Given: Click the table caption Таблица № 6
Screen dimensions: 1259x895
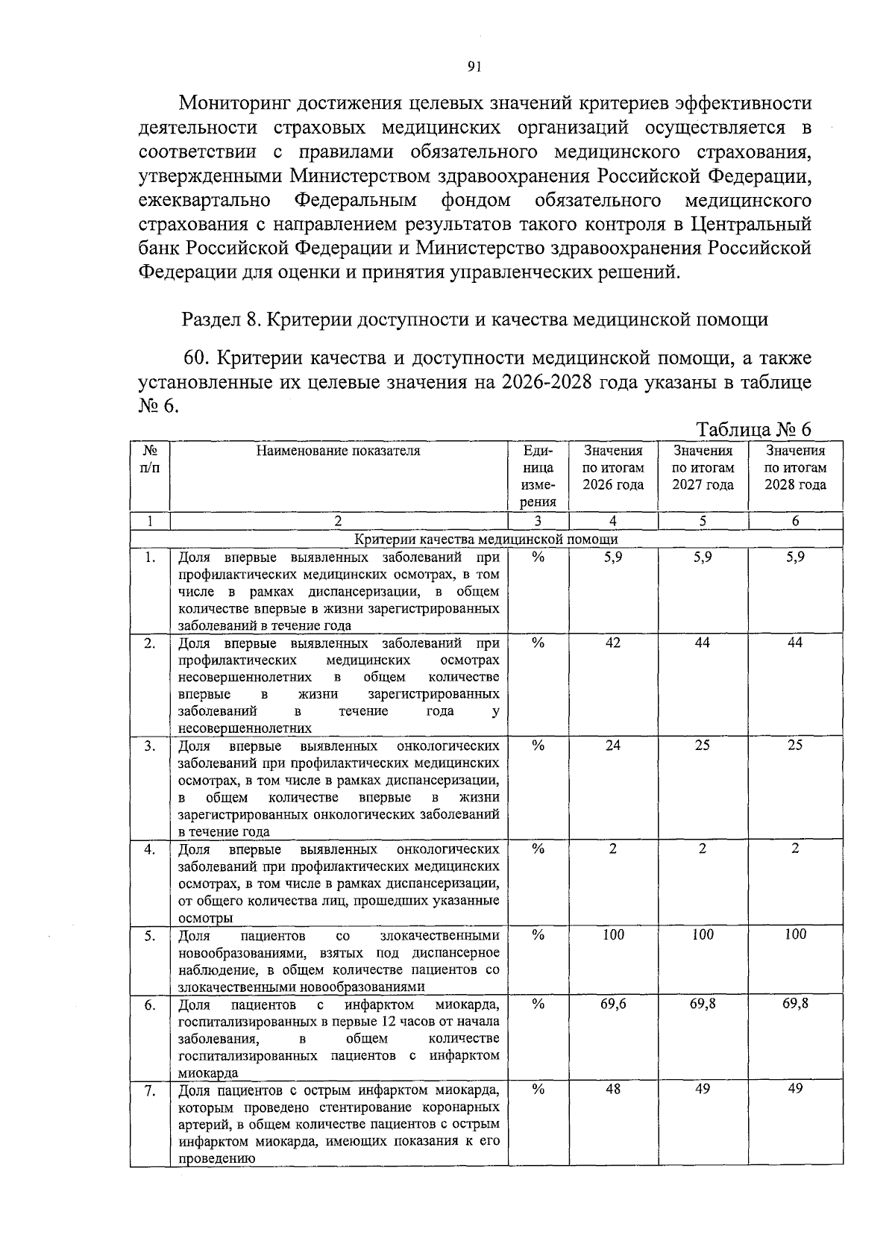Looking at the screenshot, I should pyautogui.click(x=753, y=430).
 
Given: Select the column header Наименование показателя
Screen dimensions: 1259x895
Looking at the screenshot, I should pyautogui.click(x=338, y=451).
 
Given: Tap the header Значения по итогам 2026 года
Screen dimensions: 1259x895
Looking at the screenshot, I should pyautogui.click(x=612, y=468).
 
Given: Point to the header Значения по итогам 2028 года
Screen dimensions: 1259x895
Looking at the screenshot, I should pyautogui.click(x=795, y=468).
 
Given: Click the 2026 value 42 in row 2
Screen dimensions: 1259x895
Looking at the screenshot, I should pyautogui.click(x=612, y=643).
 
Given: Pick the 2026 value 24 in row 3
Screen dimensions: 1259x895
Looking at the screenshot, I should pyautogui.click(x=612, y=745).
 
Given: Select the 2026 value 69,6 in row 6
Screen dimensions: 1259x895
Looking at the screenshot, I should pyautogui.click(x=612, y=1004).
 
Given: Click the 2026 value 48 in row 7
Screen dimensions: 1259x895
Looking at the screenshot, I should pyautogui.click(x=612, y=1089).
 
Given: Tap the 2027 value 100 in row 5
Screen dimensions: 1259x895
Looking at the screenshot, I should pyautogui.click(x=703, y=934).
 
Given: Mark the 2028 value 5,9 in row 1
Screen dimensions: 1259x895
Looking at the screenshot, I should pyautogui.click(x=795, y=557).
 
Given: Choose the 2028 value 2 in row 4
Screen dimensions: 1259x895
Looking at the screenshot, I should pyautogui.click(x=795, y=848).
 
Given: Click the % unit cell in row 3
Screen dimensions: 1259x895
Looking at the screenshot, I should pyautogui.click(x=538, y=745).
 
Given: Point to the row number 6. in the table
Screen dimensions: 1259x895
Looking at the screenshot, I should pyautogui.click(x=150, y=1005).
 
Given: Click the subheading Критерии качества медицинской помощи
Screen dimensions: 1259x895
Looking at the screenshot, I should pyautogui.click(x=486, y=540).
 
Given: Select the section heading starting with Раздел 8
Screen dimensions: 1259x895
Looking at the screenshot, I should pyautogui.click(x=474, y=320).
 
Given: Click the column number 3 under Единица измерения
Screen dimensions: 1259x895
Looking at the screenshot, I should pyautogui.click(x=538, y=521).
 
